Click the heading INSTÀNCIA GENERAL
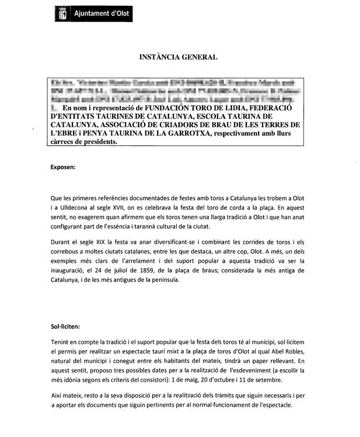[178, 57]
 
